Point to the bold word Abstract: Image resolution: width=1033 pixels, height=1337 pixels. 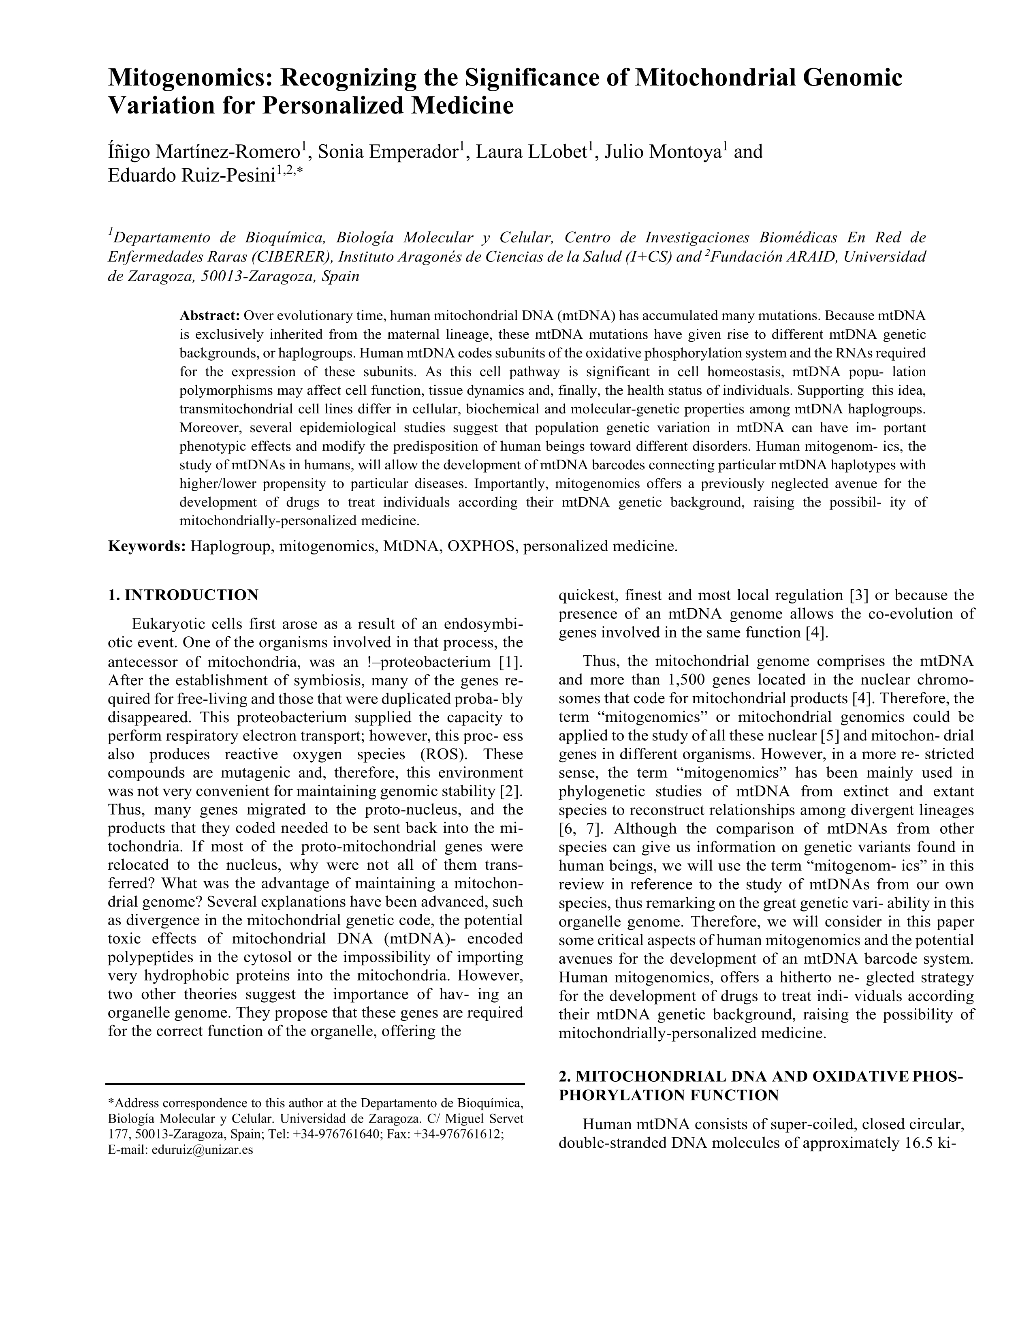pyautogui.click(x=209, y=316)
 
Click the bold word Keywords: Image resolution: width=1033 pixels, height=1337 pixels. pyautogui.click(x=147, y=546)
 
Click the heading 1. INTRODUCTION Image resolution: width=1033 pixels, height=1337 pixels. pyautogui.click(x=183, y=595)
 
